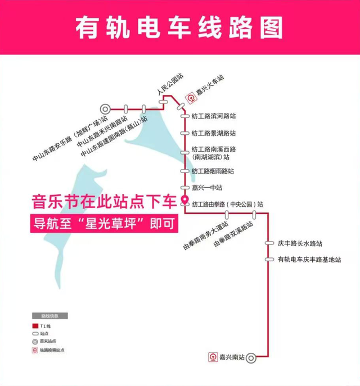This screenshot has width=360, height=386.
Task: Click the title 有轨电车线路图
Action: tap(179, 26)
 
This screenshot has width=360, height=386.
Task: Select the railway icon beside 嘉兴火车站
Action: tap(191, 97)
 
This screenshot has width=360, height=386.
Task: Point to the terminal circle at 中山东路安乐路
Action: tap(105, 108)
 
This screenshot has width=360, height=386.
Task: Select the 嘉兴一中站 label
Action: tap(206, 187)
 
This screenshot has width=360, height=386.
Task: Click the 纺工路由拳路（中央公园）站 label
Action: tap(227, 205)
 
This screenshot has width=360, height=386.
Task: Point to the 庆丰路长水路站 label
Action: tap(300, 244)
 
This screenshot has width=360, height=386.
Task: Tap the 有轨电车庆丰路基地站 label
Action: tap(309, 259)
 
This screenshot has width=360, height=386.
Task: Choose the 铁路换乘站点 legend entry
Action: tap(52, 350)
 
